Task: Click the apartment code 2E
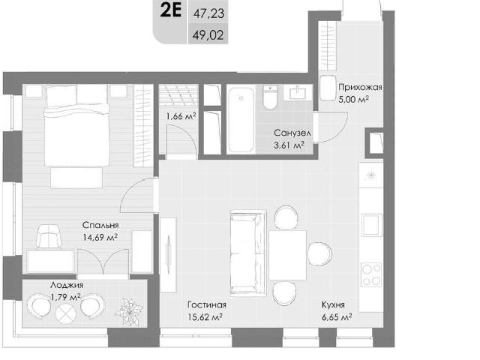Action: pyautogui.click(x=171, y=10)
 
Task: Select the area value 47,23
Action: pyautogui.click(x=208, y=13)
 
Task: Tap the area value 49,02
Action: pyautogui.click(x=208, y=35)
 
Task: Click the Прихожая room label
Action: pyautogui.click(x=360, y=88)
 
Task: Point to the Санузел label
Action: pyautogui.click(x=292, y=133)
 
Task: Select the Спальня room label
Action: pyautogui.click(x=100, y=225)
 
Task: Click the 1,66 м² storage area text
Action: pyautogui.click(x=181, y=116)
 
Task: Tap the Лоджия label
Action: pyautogui.click(x=67, y=285)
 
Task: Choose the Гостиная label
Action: pyautogui.click(x=207, y=305)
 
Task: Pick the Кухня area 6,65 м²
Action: pyautogui.click(x=337, y=317)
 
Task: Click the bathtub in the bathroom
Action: pyautogui.click(x=241, y=120)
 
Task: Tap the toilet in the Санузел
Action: pyautogui.click(x=270, y=97)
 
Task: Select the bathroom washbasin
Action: pyautogui.click(x=298, y=92)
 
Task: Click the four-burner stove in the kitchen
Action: pyautogui.click(x=371, y=274)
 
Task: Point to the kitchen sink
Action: pyautogui.click(x=372, y=225)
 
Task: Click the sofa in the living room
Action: pyautogui.click(x=247, y=253)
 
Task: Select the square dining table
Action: pyautogui.click(x=287, y=255)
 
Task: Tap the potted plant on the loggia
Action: pyautogui.click(x=129, y=311)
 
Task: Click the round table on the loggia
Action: pyautogui.click(x=66, y=313)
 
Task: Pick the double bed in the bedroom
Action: pyautogui.click(x=76, y=125)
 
